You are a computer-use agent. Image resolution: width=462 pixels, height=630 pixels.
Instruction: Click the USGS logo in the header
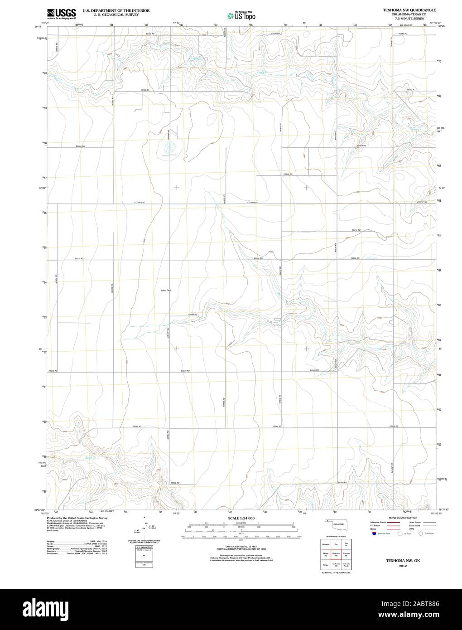[x=61, y=13]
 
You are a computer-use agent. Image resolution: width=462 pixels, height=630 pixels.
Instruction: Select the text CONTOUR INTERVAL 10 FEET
[x=241, y=548]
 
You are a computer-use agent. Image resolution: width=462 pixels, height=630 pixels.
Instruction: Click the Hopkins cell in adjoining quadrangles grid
[x=325, y=544]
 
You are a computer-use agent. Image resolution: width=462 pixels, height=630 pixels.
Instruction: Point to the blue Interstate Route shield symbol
[x=373, y=534]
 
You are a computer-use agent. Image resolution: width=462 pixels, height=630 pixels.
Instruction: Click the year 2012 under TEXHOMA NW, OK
[x=403, y=566]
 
